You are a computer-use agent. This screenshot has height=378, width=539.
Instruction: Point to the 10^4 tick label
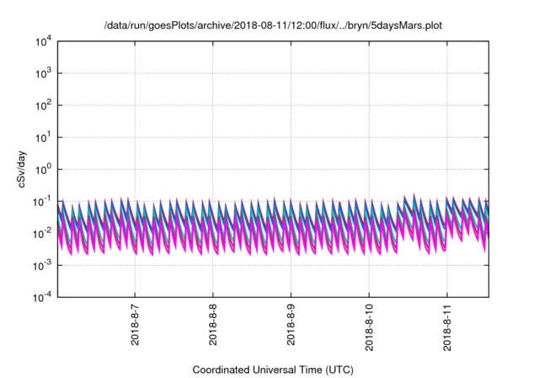[x=43, y=41]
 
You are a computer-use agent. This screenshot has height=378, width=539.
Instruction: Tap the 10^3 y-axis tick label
[x=43, y=73]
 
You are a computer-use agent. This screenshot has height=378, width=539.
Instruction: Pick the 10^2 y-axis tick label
[x=43, y=105]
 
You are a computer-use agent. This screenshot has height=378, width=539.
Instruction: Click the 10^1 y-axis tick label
[x=43, y=137]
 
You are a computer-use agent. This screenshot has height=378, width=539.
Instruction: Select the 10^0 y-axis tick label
[x=43, y=169]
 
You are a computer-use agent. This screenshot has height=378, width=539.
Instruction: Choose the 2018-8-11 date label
[x=447, y=331]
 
